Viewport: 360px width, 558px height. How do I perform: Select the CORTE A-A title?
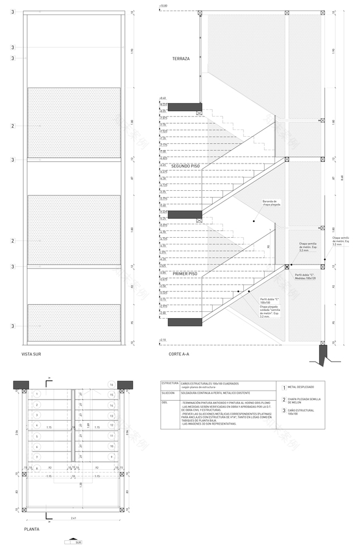pyautogui.click(x=179, y=354)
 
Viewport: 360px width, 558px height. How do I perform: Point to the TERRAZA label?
pyautogui.click(x=181, y=59)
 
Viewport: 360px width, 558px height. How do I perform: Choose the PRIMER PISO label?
pyautogui.click(x=185, y=274)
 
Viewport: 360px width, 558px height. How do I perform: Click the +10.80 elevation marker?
pyautogui.click(x=164, y=6)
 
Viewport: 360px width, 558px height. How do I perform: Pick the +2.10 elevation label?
pyautogui.click(x=163, y=339)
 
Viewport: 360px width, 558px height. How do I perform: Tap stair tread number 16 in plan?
pyautogui.click(x=112, y=385)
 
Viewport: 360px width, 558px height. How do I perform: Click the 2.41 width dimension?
pyautogui.click(x=74, y=518)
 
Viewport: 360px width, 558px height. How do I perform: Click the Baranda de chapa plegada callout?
pyautogui.click(x=270, y=203)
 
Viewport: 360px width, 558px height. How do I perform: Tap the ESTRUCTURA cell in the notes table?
pyautogui.click(x=170, y=384)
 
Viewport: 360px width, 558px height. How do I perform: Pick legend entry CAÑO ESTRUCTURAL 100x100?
pyautogui.click(x=300, y=412)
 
